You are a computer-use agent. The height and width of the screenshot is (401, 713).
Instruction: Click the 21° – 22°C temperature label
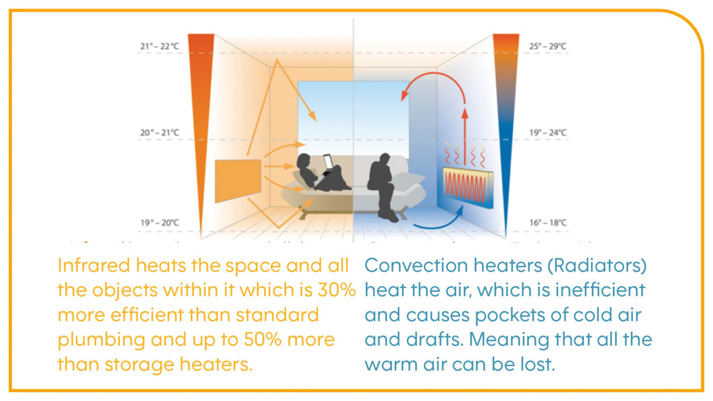[x=160, y=47]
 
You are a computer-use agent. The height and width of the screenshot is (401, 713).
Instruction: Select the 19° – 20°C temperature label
[x=160, y=223]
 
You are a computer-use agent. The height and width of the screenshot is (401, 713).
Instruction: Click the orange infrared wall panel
[x=238, y=180]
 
